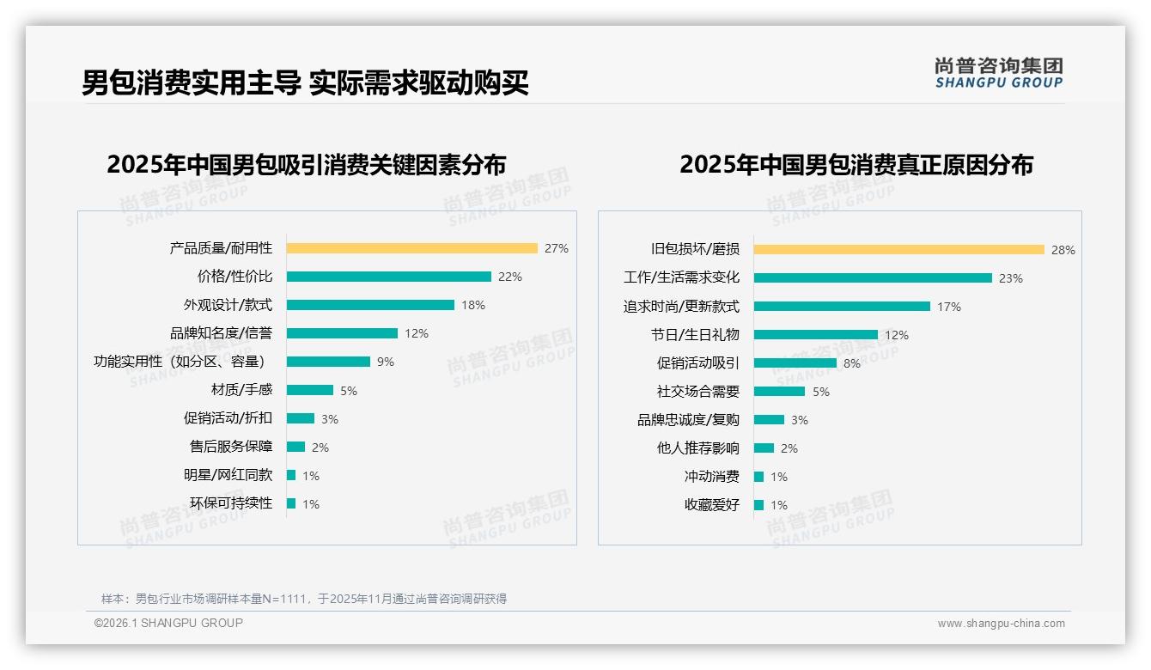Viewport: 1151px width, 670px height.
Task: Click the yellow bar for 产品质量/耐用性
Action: coord(411,248)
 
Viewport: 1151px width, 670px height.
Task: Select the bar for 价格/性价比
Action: coord(388,277)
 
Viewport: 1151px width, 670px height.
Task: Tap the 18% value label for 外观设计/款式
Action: coord(472,305)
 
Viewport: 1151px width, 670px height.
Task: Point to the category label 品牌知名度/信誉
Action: coord(221,333)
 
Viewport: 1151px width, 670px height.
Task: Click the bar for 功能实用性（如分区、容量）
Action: coord(328,362)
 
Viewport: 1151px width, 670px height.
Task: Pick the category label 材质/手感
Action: coord(241,390)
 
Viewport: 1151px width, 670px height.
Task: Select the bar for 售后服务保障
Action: coord(295,447)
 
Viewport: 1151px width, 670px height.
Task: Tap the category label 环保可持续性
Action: coord(231,503)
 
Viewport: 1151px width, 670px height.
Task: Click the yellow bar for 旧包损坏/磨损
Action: coord(898,250)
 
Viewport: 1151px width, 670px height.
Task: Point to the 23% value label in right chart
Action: coord(1010,278)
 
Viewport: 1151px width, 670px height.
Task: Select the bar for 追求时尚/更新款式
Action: coord(842,307)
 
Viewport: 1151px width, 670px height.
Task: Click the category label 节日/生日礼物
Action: coord(695,335)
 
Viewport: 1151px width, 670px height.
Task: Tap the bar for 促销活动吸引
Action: coord(795,363)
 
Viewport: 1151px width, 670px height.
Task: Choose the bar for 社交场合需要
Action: coord(779,392)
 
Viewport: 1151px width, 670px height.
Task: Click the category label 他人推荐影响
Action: coord(697,448)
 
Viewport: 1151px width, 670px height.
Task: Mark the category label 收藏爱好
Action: coord(711,505)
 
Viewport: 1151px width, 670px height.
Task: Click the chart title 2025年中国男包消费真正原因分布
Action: coord(856,165)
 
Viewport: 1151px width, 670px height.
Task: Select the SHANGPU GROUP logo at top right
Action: coord(998,73)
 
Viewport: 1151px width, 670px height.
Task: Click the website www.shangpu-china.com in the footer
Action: coord(1001,624)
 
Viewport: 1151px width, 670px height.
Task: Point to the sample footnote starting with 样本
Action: coord(304,599)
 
